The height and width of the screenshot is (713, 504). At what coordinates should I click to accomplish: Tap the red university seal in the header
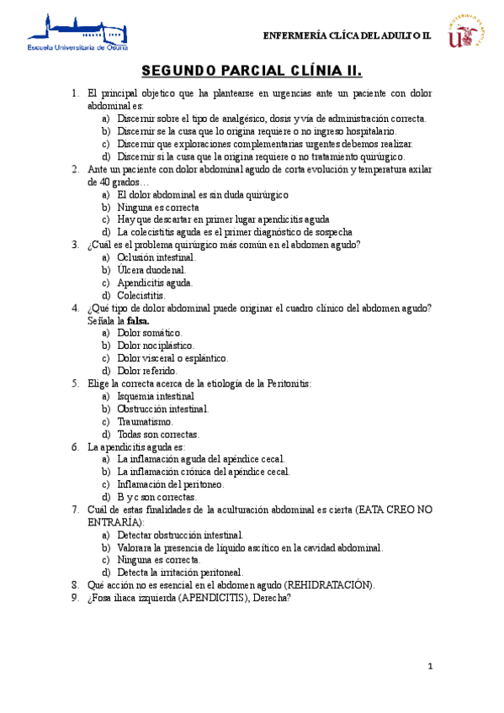click(x=470, y=31)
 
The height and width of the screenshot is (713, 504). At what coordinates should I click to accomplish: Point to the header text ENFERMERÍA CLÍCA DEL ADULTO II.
click(x=347, y=36)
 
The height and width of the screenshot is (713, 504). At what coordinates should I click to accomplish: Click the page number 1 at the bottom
click(x=430, y=666)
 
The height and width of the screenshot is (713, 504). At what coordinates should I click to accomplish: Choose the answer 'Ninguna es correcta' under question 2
click(x=158, y=207)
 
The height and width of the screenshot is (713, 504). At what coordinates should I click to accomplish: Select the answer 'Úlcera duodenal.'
click(x=151, y=270)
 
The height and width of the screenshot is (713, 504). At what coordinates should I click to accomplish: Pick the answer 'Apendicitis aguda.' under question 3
click(x=155, y=283)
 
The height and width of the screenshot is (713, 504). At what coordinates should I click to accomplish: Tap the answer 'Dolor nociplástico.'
click(x=156, y=346)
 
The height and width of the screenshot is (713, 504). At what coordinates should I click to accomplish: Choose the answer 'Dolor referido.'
click(x=147, y=371)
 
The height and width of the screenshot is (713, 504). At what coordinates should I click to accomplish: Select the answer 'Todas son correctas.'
click(x=158, y=434)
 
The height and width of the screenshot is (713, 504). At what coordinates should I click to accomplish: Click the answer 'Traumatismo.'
click(x=146, y=421)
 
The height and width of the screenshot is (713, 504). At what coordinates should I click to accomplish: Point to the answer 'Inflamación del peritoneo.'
click(x=171, y=484)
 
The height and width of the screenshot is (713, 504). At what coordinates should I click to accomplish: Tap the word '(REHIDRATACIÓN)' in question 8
click(x=330, y=585)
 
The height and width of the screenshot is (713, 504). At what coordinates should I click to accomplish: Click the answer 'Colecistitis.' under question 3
click(x=141, y=295)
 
